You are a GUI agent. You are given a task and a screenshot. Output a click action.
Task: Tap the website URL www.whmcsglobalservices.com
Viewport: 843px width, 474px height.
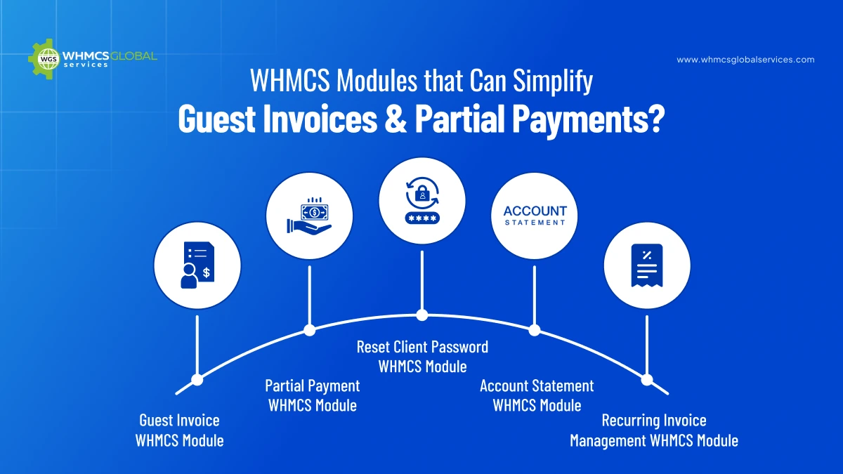(745, 60)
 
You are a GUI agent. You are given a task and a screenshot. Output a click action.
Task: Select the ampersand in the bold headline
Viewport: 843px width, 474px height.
(391, 118)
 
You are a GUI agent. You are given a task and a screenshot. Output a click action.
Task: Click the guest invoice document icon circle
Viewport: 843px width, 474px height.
(197, 267)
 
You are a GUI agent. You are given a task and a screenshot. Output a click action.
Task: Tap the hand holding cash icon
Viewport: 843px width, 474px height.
(309, 216)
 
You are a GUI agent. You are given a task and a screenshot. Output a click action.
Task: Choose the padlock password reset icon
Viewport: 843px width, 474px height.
(421, 200)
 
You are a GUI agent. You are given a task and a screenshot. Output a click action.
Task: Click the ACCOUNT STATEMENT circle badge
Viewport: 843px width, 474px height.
(535, 216)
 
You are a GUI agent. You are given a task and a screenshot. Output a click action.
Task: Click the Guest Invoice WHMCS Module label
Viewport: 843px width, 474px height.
(180, 430)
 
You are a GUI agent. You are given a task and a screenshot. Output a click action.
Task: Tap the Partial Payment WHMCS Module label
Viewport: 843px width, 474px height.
(313, 395)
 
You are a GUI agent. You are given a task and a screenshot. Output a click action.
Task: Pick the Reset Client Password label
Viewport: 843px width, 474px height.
(422, 356)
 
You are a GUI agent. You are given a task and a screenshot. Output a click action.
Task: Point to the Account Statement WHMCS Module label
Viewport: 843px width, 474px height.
(537, 395)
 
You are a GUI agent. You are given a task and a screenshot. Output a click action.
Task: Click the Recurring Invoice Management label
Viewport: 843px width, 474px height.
(654, 430)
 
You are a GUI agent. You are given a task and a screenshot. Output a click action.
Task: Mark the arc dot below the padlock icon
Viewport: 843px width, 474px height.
(421, 315)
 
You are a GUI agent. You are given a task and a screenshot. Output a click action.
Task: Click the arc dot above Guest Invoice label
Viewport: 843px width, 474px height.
(197, 379)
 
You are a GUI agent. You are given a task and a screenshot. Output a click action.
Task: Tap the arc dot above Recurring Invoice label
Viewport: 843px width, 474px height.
(646, 379)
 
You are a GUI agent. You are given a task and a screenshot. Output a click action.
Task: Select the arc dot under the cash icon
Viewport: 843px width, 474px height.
(309, 329)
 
